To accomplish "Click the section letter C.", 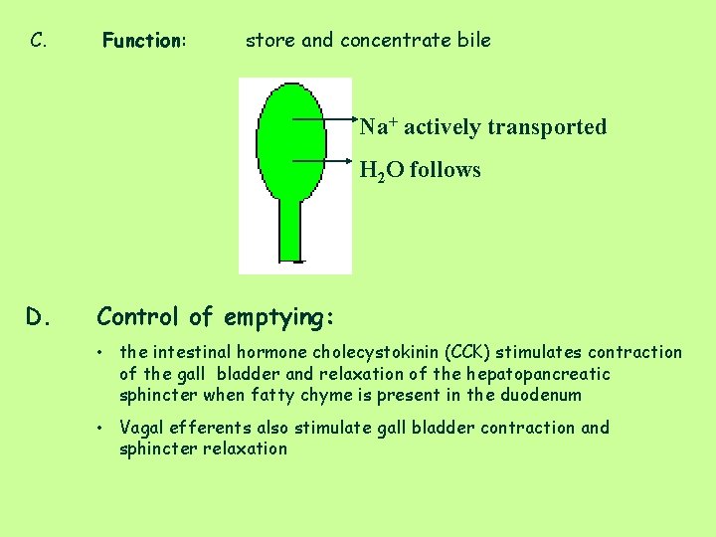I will [39, 41].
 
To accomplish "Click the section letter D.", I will [39, 317].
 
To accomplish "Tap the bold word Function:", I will [144, 41].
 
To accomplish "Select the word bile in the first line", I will [472, 41].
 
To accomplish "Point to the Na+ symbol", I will [378, 126].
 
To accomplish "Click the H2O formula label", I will [381, 170].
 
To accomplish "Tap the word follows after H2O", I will [445, 170].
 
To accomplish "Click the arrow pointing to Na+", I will [324, 118].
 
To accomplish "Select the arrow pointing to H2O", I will [324, 159].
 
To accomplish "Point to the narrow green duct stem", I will [290, 231].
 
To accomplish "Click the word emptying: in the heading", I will [279, 317].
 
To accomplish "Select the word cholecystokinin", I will [375, 352].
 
